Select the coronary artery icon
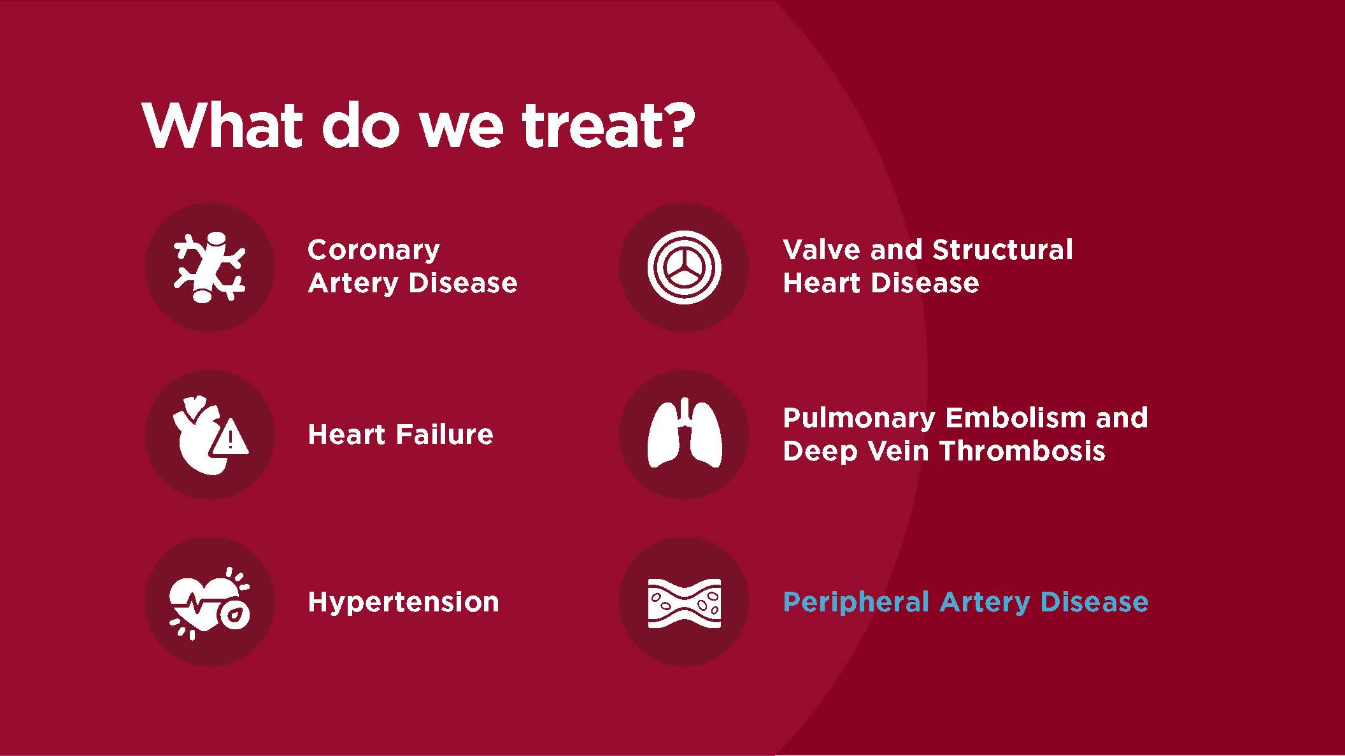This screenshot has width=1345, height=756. [210, 267]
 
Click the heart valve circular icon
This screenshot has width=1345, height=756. [684, 267]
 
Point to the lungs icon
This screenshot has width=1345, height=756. [684, 434]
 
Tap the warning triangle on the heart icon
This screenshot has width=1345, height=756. [230, 438]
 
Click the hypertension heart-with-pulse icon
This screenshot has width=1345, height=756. [210, 603]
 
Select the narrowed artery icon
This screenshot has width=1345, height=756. [684, 603]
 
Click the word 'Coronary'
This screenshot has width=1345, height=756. [373, 250]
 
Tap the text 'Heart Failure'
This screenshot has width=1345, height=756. [400, 434]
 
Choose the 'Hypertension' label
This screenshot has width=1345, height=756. [403, 603]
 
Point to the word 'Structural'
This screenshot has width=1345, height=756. [1002, 250]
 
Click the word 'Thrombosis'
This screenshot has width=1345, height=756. [1022, 451]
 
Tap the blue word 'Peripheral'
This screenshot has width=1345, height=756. [855, 603]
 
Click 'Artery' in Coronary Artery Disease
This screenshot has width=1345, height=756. [353, 283]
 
